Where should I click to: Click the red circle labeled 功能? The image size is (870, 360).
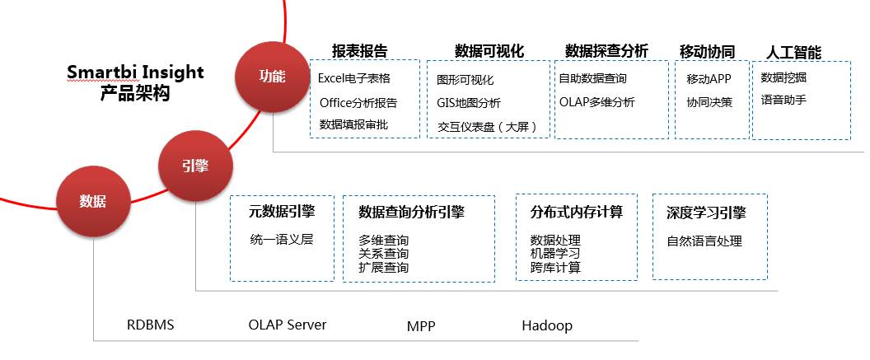click(x=271, y=77)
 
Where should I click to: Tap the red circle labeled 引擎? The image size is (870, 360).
click(x=194, y=166)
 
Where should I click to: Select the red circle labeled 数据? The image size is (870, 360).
click(x=92, y=200)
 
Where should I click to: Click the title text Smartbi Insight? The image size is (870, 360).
click(x=135, y=72)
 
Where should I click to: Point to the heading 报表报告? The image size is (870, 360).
click(x=360, y=51)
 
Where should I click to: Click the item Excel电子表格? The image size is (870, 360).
click(x=354, y=78)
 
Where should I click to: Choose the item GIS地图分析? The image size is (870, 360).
click(x=469, y=103)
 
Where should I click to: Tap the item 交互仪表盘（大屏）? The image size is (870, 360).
click(x=488, y=127)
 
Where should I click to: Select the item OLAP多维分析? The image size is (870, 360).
click(x=596, y=103)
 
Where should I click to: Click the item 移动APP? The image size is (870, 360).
click(x=709, y=78)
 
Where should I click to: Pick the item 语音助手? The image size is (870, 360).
click(x=783, y=101)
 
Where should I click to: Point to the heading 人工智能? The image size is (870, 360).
click(x=793, y=52)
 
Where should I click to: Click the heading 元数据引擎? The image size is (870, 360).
click(x=281, y=212)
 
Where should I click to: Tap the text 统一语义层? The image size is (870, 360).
click(x=281, y=240)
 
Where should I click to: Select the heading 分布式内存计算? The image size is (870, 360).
click(x=576, y=212)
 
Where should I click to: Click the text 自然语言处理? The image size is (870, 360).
click(x=704, y=241)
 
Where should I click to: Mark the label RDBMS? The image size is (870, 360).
click(x=151, y=325)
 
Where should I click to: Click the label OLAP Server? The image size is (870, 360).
click(x=287, y=325)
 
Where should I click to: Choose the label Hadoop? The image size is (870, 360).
click(x=546, y=325)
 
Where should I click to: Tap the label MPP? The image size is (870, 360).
click(x=421, y=325)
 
